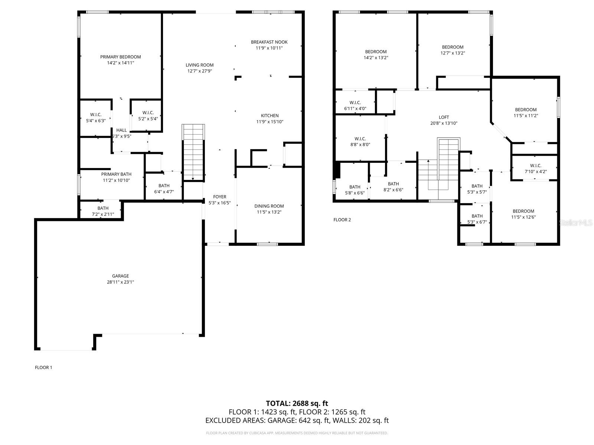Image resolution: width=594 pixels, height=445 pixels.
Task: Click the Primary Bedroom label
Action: point(120,57)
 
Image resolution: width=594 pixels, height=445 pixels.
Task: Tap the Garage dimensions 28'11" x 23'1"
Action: point(120,282)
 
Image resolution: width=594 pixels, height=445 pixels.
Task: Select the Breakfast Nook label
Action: point(269,42)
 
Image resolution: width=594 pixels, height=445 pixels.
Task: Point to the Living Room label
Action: point(200,65)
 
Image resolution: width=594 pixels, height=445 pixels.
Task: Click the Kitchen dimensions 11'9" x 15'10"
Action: point(270,122)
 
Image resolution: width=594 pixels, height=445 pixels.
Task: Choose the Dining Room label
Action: point(269,206)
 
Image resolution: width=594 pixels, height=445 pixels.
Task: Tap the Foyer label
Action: point(219,197)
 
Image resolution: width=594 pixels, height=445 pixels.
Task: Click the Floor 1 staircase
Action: point(193,152)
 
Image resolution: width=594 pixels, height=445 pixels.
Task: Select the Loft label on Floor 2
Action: point(444,117)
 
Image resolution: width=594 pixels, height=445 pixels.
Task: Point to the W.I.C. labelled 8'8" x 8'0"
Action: point(360,142)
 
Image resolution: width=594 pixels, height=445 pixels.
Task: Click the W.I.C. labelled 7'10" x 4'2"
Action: point(535,168)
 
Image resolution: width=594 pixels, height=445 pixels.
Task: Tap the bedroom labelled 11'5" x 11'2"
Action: point(526,112)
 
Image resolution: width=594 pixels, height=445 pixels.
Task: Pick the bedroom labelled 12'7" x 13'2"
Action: point(453,50)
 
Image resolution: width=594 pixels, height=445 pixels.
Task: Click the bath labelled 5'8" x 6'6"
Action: point(355,190)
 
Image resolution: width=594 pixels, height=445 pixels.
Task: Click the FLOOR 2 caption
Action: point(342,220)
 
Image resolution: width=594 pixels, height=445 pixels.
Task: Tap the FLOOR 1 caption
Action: point(43,367)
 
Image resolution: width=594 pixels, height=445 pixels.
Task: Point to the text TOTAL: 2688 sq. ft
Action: point(297,403)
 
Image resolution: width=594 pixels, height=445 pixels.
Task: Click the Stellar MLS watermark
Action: point(576,223)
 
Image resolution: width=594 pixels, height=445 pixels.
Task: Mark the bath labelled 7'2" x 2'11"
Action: point(103,211)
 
